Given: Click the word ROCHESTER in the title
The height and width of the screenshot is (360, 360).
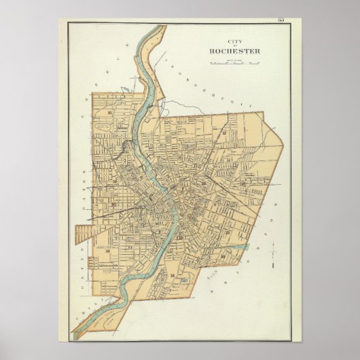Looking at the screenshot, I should pyautogui.click(x=234, y=51).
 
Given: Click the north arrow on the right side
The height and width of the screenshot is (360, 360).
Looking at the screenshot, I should pyautogui.click(x=273, y=253).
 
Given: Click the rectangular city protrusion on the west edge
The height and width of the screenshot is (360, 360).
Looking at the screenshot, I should pyautogui.click(x=83, y=235).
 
